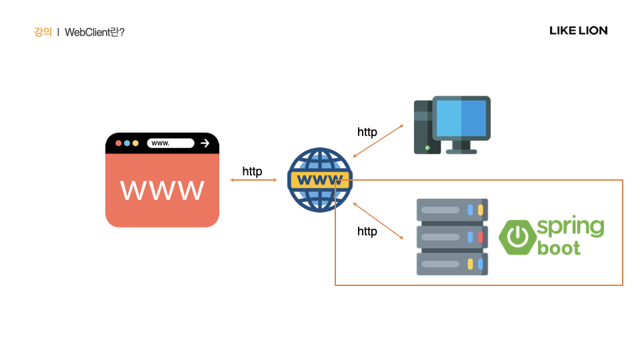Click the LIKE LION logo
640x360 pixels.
click(578, 31)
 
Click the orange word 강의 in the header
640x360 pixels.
click(43, 32)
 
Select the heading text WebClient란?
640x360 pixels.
click(95, 32)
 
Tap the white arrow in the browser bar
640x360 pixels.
click(205, 143)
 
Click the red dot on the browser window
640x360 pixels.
click(119, 143)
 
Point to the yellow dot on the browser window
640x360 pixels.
click(135, 143)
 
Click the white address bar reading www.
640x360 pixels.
click(170, 143)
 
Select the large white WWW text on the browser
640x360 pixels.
click(162, 190)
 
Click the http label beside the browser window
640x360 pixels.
click(252, 172)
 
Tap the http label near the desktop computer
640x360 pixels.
click(367, 132)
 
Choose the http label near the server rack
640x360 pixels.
click(367, 231)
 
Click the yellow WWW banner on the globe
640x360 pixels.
click(319, 180)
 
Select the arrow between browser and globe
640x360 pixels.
click(253, 180)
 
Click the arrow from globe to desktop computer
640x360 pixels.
click(378, 141)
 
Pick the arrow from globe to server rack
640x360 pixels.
click(378, 221)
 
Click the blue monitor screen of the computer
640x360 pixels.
click(461, 118)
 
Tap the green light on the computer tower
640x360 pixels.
click(427, 147)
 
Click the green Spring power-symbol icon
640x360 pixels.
click(517, 237)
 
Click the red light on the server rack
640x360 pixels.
click(480, 237)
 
